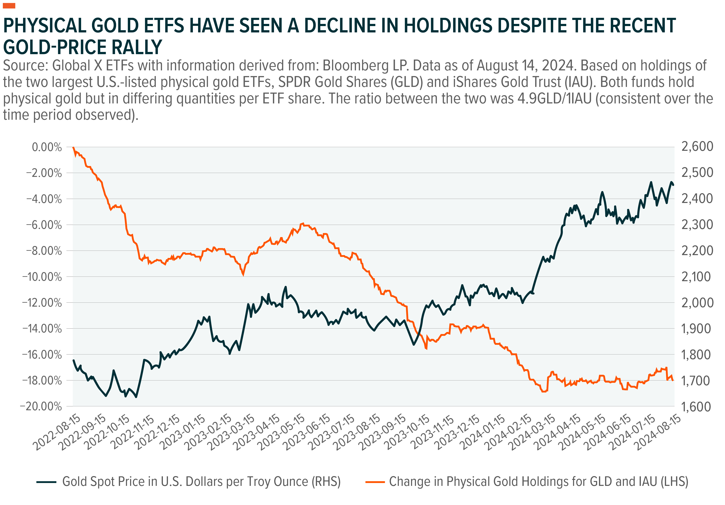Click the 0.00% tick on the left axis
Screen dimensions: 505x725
tap(47, 147)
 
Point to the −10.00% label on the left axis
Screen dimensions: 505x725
tap(42, 277)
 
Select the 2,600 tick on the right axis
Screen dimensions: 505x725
tap(697, 146)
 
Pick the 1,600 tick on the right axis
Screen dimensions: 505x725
tap(697, 407)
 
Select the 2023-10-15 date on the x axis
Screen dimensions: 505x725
tap(407, 432)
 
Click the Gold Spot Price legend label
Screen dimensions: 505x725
tap(201, 482)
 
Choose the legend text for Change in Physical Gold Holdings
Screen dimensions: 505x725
tap(538, 482)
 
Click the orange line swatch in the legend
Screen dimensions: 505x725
tap(375, 482)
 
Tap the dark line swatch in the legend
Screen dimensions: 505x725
tap(46, 482)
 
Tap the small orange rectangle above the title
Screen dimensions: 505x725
tap(9, 6)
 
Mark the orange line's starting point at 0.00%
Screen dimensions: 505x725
tap(73, 147)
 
